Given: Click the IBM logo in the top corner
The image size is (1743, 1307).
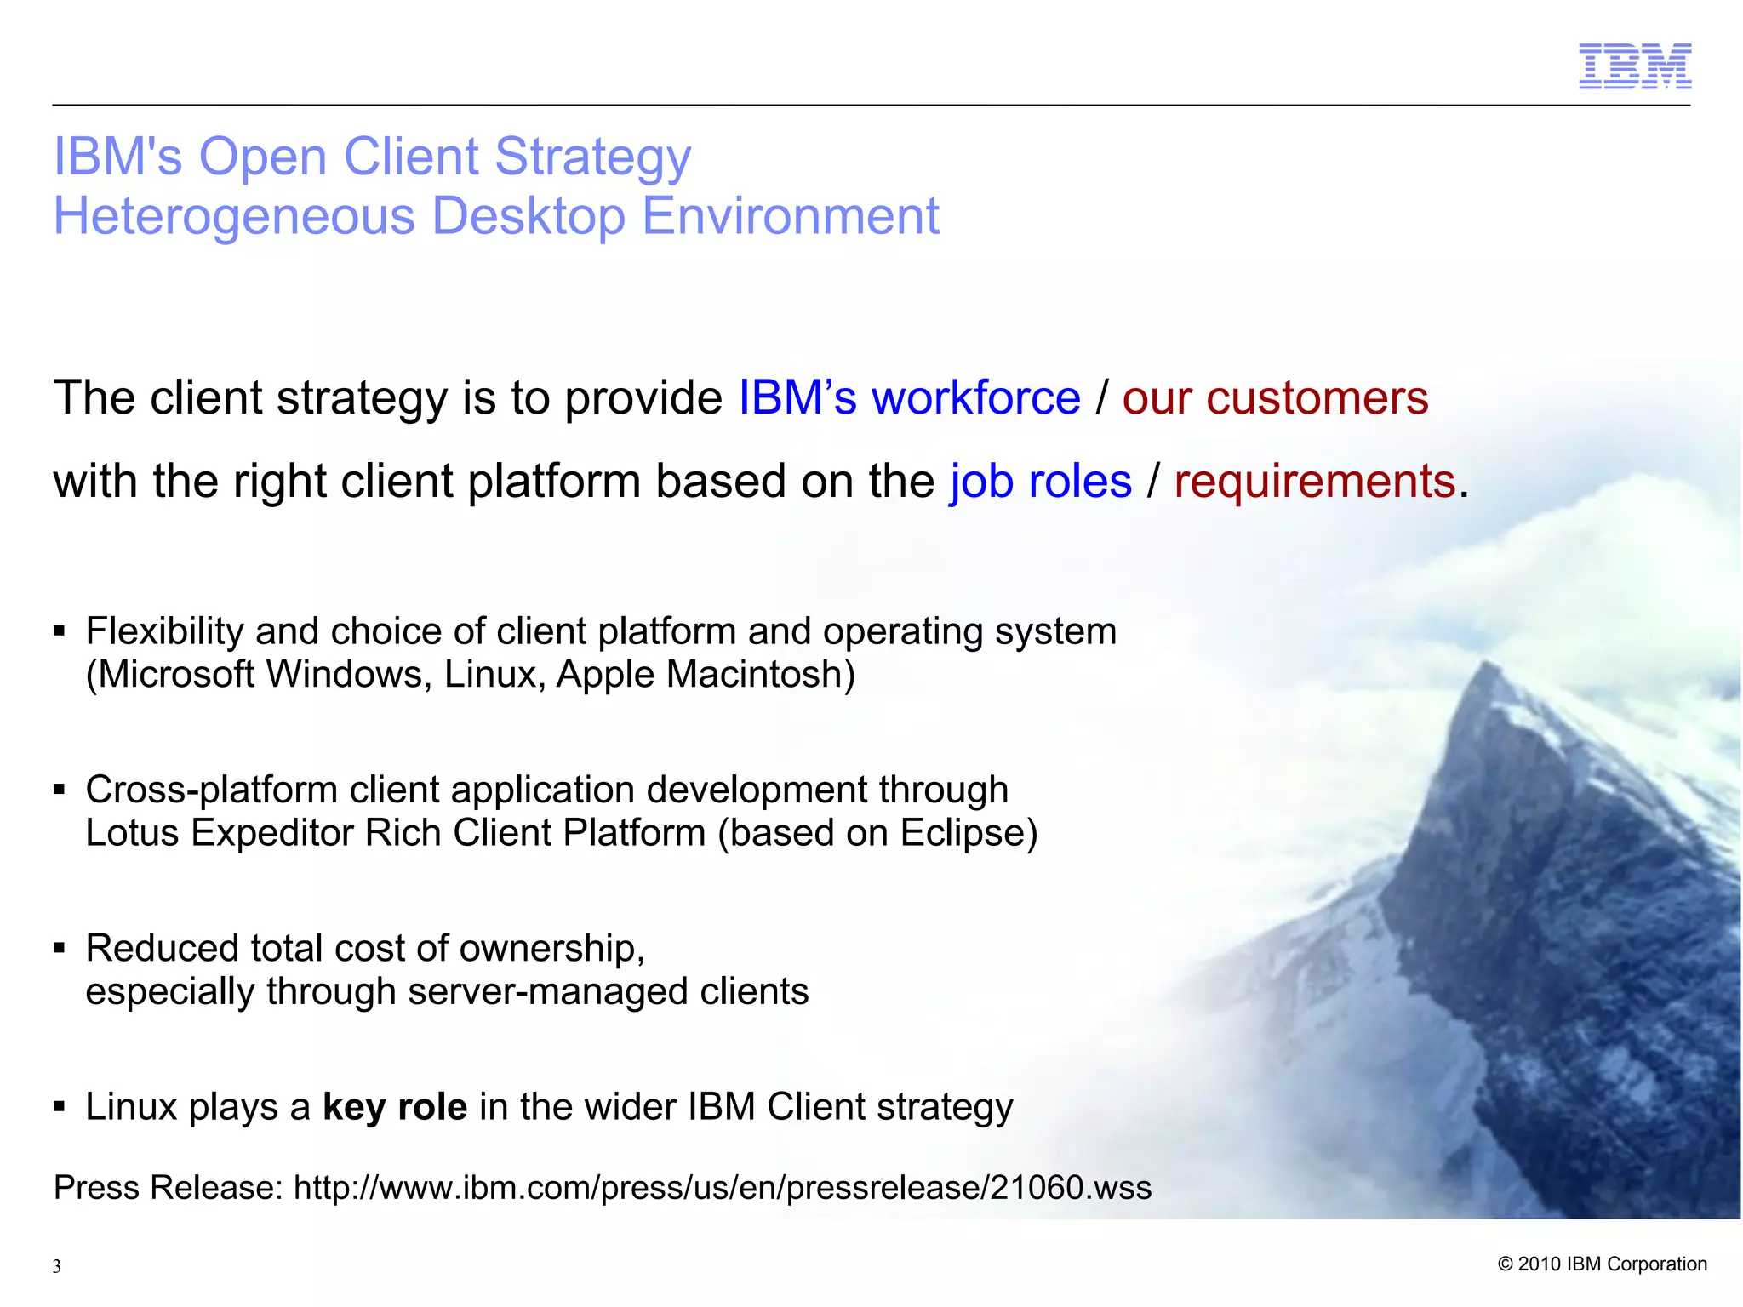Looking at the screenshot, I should [1634, 66].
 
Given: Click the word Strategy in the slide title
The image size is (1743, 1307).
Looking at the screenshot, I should [592, 157].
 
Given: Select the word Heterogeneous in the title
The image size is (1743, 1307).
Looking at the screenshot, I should [234, 216].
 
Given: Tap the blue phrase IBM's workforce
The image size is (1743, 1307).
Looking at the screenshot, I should [908, 398].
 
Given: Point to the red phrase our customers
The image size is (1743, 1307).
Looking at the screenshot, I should [1275, 398].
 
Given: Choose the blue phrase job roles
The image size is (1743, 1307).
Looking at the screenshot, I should [1040, 482].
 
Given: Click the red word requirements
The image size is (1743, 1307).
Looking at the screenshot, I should [1314, 482].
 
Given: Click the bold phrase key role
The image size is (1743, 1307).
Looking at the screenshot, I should [395, 1107].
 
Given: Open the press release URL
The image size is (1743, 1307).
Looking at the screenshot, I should [722, 1188].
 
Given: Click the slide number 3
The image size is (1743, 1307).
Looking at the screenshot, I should [57, 1266].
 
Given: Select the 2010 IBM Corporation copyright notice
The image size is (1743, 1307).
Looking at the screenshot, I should [1602, 1264].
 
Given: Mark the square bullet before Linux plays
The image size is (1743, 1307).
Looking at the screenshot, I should [59, 1107].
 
